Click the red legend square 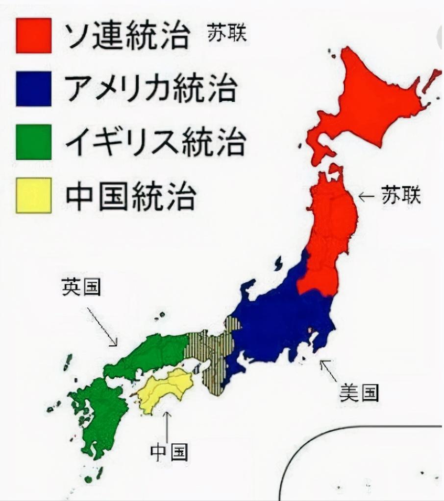[33, 35]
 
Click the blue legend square [33, 89]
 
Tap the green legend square [33, 142]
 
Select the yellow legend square [33, 195]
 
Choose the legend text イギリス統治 [155, 142]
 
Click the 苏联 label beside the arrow [400, 197]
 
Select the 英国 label [81, 287]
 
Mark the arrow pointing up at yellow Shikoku [167, 426]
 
